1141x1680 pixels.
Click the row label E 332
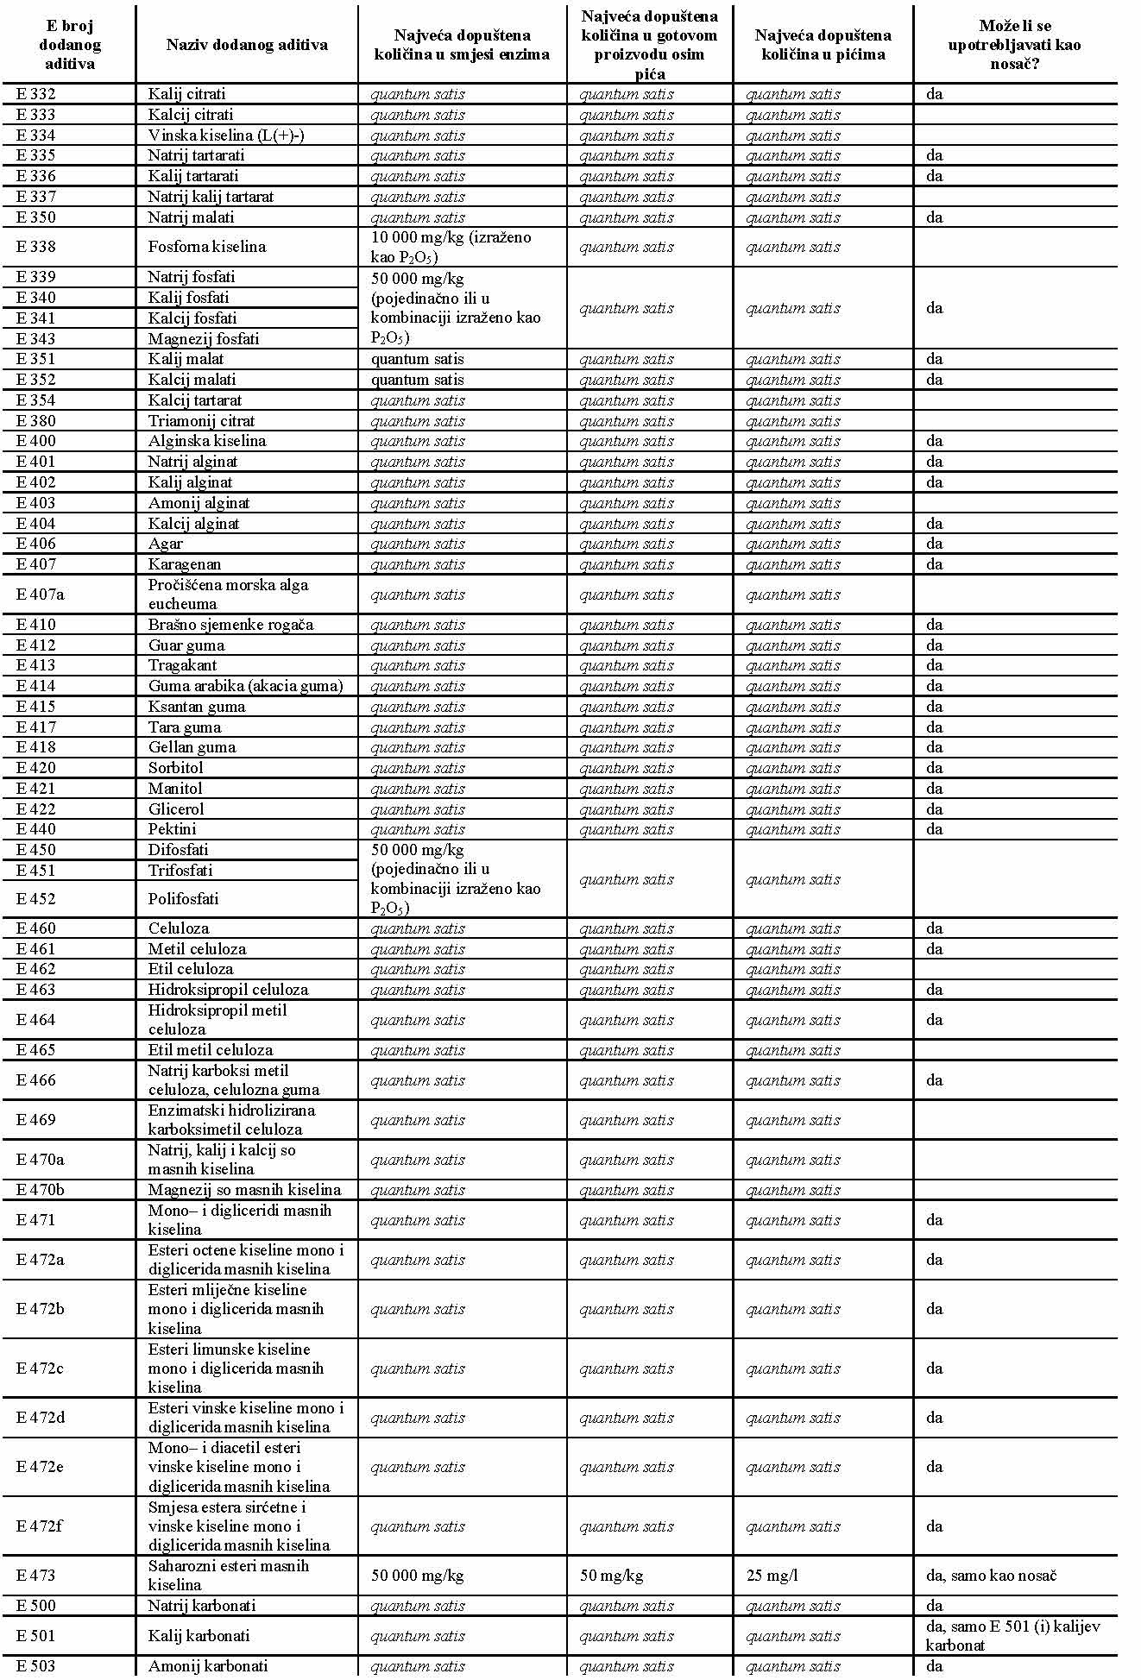tap(35, 94)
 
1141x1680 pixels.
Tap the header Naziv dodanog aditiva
tap(247, 45)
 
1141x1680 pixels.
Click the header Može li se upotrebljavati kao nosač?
tap(1014, 45)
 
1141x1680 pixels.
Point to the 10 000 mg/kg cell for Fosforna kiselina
tap(451, 247)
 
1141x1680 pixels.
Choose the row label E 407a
tap(40, 595)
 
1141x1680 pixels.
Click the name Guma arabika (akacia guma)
tap(245, 686)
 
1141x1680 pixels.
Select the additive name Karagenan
tap(185, 564)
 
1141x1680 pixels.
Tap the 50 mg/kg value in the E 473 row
tap(611, 1576)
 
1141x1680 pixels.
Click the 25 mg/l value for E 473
tap(772, 1576)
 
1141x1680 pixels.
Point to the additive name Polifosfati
tap(183, 898)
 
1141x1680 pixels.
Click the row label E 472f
tap(40, 1526)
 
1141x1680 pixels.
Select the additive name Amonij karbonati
tap(208, 1666)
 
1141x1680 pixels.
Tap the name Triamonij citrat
tap(201, 421)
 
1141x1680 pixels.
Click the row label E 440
tap(35, 829)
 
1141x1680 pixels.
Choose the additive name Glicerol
tap(176, 809)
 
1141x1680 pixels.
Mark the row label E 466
tap(35, 1080)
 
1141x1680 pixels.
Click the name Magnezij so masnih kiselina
tap(244, 1190)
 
